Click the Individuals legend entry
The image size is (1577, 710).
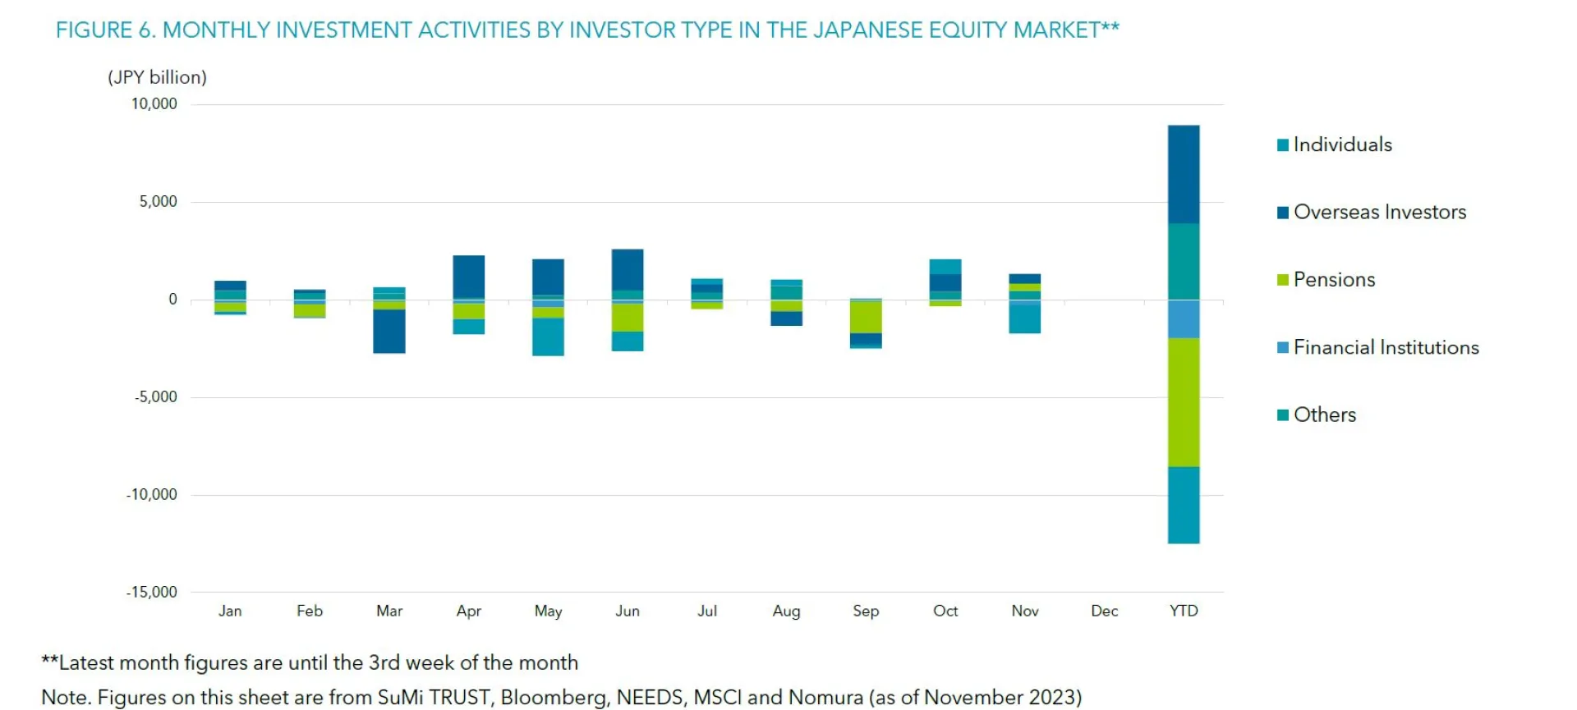click(1341, 145)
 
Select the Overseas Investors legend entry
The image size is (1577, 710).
click(1378, 213)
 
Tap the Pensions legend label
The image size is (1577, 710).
click(1334, 280)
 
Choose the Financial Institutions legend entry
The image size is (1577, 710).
click(1385, 348)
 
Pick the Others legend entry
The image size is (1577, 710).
click(1324, 415)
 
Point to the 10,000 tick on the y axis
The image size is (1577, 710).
click(154, 104)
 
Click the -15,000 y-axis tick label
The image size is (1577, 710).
click(152, 593)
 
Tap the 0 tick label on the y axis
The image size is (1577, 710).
click(172, 300)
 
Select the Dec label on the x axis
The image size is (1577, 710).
click(1104, 612)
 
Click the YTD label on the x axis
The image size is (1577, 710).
click(1184, 612)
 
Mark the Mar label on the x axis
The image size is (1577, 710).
click(389, 612)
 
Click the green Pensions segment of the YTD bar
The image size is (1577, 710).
click(1184, 402)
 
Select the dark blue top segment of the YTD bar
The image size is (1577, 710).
click(1184, 174)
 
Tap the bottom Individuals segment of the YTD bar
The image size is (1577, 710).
click(1184, 505)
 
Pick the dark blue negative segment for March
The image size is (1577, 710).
click(389, 331)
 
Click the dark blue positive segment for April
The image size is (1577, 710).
click(469, 277)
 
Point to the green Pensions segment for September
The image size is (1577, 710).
click(866, 317)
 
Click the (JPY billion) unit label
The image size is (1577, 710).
click(157, 78)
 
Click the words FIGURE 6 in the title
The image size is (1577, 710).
click(105, 30)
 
